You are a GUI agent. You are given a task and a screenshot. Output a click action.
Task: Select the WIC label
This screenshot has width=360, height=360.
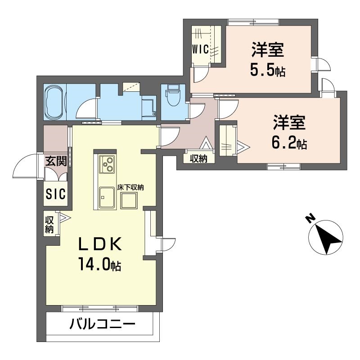[x=201, y=49]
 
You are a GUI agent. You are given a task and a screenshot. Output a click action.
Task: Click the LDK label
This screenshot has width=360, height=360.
[x=100, y=244]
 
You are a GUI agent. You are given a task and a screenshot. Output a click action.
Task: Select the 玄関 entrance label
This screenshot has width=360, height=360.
[x=56, y=161]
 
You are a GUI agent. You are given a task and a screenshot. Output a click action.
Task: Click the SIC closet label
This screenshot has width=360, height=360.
[x=56, y=194]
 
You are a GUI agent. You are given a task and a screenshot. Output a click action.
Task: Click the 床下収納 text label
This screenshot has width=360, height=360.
[x=130, y=188]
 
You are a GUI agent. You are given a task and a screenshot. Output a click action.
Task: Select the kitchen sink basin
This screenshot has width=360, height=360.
[x=107, y=197]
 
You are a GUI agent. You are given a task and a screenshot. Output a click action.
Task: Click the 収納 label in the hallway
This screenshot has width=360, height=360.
[x=198, y=158]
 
